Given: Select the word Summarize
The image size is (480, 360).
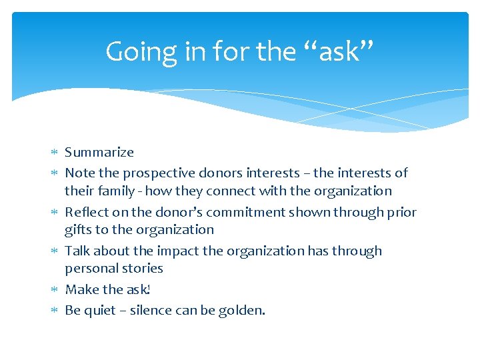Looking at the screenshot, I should click(99, 153).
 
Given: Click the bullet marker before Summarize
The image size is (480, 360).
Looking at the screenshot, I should click(55, 153).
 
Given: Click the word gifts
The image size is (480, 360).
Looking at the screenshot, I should click(77, 230).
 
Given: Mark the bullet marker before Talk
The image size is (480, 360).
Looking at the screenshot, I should click(55, 251).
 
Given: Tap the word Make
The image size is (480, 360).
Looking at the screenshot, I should click(81, 290).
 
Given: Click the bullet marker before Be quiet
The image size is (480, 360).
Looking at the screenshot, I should click(55, 311).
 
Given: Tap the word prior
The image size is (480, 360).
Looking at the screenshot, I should click(401, 213).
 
